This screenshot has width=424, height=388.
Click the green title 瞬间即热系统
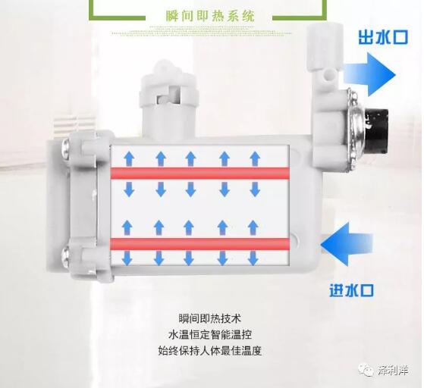[x=210, y=16]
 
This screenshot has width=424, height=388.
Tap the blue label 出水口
[x=383, y=37]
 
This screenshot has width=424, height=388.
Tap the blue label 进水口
[x=351, y=290]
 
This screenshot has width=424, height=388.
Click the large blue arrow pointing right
[x=369, y=75]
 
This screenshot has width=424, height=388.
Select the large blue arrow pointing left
[x=347, y=244]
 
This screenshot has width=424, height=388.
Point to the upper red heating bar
[x=199, y=174]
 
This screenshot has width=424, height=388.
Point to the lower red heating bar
[x=199, y=244]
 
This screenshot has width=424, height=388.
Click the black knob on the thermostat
[x=377, y=130]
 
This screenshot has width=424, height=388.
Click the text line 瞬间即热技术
[x=209, y=318]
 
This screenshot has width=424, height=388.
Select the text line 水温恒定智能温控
[x=210, y=334]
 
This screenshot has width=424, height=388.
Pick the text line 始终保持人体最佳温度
[x=210, y=350]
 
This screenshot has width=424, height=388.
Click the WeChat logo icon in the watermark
[x=366, y=369]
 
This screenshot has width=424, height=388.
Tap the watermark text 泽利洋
[x=393, y=370]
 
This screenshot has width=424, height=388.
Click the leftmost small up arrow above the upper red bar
[x=129, y=158]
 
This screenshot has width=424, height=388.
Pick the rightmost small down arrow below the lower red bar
[x=253, y=258]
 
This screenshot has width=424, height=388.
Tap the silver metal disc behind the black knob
[x=353, y=130]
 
